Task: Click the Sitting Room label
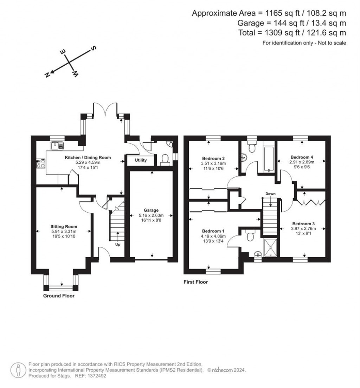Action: (64, 227)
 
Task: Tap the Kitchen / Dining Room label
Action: (88, 157)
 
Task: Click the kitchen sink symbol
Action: (57, 145)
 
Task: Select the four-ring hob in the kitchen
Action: (41, 163)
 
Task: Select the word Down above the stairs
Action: (270, 194)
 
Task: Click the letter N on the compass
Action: (46, 75)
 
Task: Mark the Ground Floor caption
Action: (59, 296)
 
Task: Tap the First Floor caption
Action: (196, 282)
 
